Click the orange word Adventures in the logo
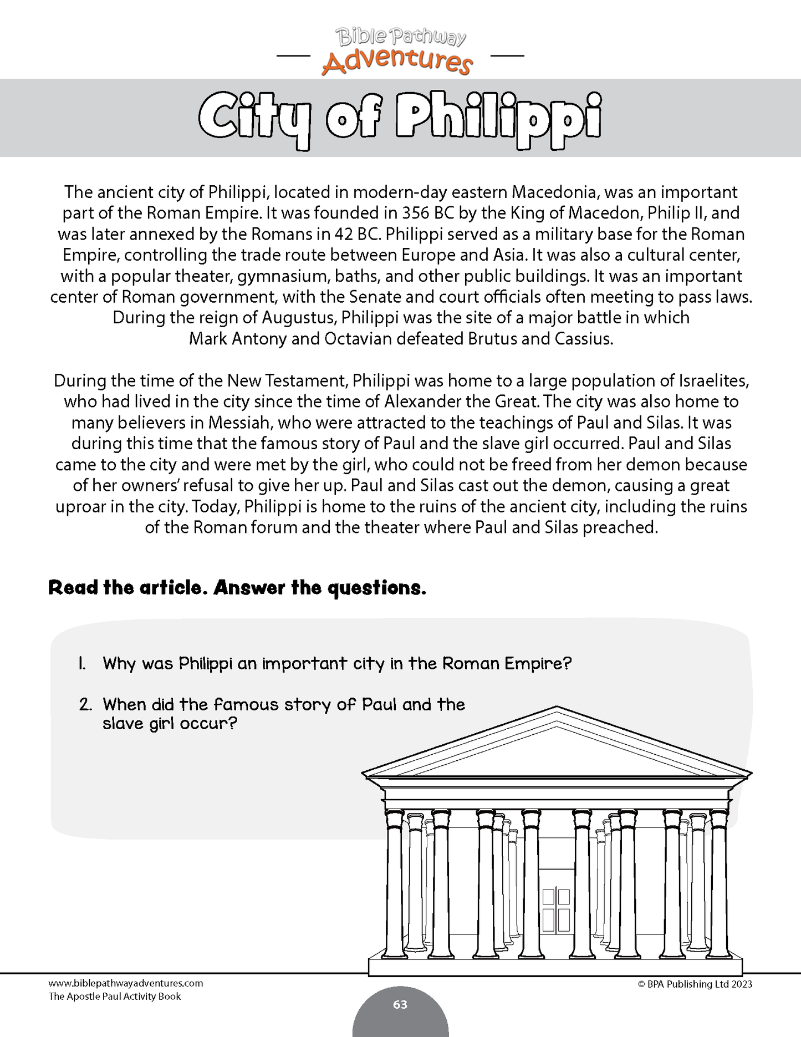click(396, 61)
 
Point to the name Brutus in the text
click(492, 339)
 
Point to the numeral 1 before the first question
click(82, 663)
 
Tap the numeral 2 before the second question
click(85, 705)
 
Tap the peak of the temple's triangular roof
click(557, 708)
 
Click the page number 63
click(400, 1004)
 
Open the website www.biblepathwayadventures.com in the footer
click(126, 983)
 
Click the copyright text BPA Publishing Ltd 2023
click(695, 984)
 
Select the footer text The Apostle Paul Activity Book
click(115, 997)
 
